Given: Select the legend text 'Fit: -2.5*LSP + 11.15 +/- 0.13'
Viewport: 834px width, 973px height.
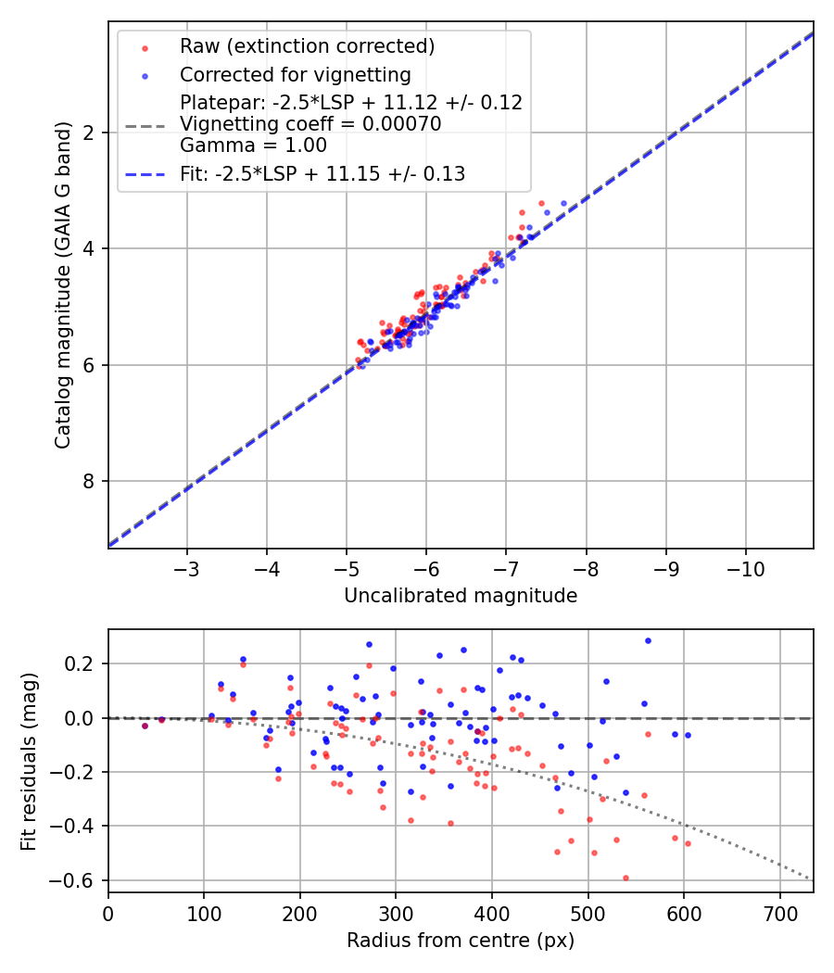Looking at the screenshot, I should point(322,173).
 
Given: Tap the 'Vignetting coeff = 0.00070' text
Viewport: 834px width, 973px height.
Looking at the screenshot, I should point(310,123).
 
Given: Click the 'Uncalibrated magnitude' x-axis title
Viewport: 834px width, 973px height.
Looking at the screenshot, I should point(461,596).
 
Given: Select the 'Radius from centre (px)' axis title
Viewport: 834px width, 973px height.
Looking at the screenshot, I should point(461,941).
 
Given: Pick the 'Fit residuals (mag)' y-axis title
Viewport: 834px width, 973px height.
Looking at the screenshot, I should point(30,760).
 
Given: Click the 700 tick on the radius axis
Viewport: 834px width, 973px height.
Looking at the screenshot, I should point(779,912).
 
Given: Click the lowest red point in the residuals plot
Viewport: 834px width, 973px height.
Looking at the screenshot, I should point(625,878).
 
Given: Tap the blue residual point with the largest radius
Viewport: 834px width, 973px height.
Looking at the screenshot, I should point(688,735).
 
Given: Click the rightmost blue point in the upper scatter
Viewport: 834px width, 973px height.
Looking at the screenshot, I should point(562,203).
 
